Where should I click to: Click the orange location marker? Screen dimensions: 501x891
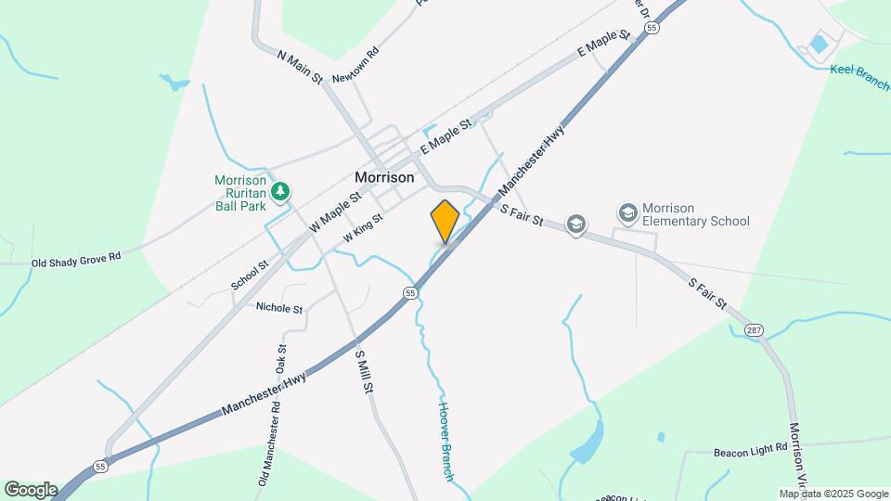click(445, 222)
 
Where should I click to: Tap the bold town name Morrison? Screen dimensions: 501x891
click(384, 176)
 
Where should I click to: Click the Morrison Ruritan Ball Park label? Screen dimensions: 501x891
click(240, 194)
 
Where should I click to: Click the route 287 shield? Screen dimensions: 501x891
click(753, 329)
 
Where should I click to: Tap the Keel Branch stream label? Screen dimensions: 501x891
click(859, 75)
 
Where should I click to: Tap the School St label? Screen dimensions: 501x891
click(250, 276)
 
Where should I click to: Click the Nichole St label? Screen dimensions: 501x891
click(279, 308)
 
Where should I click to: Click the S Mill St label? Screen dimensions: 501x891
click(365, 370)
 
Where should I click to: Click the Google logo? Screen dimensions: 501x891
click(30, 489)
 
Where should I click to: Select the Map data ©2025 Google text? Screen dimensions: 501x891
click(833, 494)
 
